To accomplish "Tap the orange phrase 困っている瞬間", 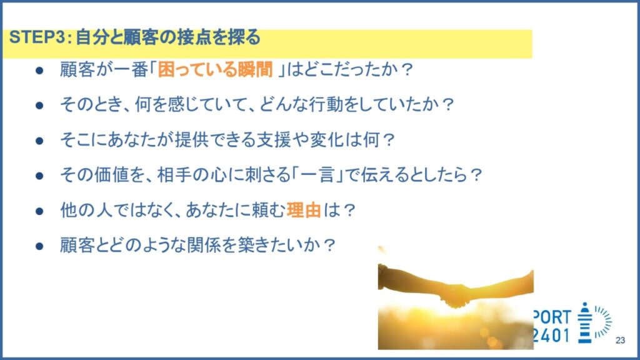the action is (215, 69).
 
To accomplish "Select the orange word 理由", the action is (303, 210).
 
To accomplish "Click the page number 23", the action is (620, 340).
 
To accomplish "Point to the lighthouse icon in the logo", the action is (585, 322).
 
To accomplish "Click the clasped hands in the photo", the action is (456, 296).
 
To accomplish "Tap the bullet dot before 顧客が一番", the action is (39, 70).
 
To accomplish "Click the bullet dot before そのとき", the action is (39, 105).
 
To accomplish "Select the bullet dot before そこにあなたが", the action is (39, 141).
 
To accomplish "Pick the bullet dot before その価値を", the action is (39, 176).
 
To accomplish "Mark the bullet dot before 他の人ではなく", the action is (39, 211).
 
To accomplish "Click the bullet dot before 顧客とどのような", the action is (39, 246).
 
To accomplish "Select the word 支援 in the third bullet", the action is (274, 139).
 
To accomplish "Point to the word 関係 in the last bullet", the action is (204, 245).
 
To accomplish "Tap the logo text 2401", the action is (552, 336).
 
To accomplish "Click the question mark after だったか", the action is (407, 69).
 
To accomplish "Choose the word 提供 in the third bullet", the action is (192, 139).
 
